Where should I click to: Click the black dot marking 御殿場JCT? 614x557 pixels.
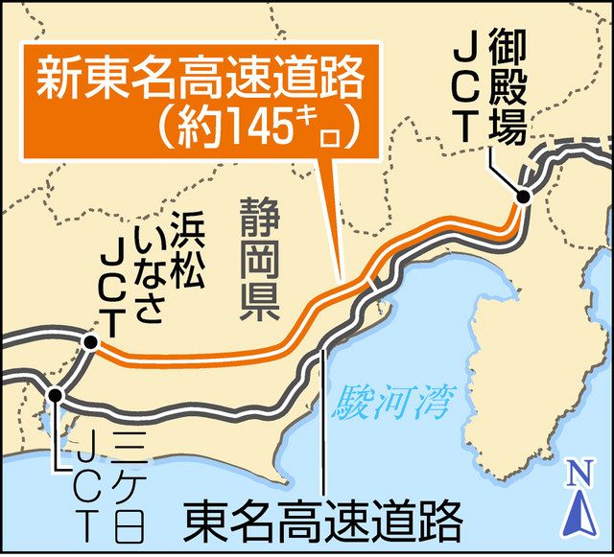(523, 197)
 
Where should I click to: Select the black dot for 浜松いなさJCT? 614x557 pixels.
(89, 341)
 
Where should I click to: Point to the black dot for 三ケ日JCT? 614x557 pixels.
(56, 394)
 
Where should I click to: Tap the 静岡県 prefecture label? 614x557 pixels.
(256, 260)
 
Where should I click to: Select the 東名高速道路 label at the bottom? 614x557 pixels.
(321, 522)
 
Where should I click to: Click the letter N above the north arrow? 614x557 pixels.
(578, 473)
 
